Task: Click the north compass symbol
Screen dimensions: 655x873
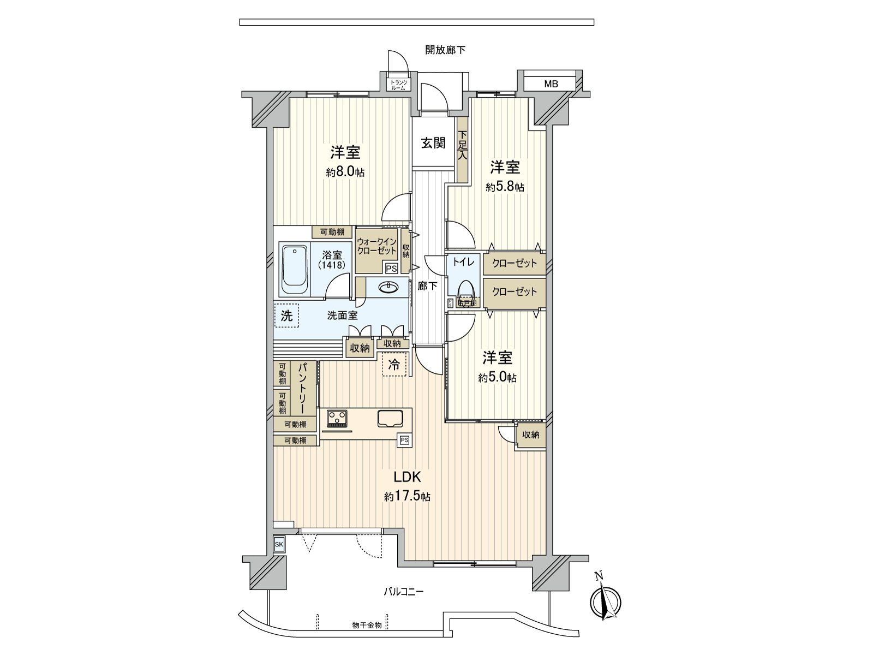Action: pyautogui.click(x=605, y=600)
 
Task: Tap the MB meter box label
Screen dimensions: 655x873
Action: pyautogui.click(x=551, y=84)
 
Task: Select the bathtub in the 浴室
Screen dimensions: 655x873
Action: pyautogui.click(x=295, y=271)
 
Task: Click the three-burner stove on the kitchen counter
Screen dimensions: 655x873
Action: pyautogui.click(x=337, y=419)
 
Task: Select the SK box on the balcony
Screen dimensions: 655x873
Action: pyautogui.click(x=279, y=544)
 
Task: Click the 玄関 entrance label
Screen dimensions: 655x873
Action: pyautogui.click(x=433, y=143)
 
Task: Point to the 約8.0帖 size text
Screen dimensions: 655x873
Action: pyautogui.click(x=345, y=172)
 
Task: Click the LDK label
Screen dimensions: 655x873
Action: pyautogui.click(x=408, y=477)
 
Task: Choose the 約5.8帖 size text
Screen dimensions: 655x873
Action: pyautogui.click(x=505, y=187)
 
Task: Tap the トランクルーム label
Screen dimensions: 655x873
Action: pyautogui.click(x=398, y=85)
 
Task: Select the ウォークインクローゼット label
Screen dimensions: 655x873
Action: pyautogui.click(x=376, y=246)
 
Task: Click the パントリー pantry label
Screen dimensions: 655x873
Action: pyautogui.click(x=301, y=388)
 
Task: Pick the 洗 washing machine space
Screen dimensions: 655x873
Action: pyautogui.click(x=286, y=315)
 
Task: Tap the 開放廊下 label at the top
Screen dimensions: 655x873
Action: pyautogui.click(x=445, y=50)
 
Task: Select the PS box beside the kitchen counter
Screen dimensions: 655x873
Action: pyautogui.click(x=404, y=440)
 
